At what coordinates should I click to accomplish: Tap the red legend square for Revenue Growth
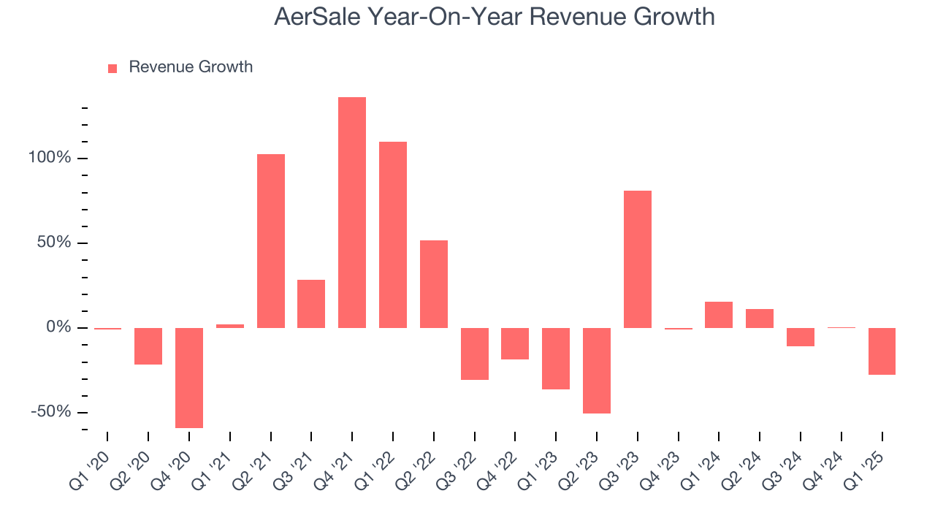(112, 68)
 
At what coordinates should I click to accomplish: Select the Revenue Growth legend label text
(191, 67)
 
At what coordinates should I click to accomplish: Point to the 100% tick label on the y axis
(50, 158)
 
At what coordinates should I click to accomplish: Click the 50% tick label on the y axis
(54, 243)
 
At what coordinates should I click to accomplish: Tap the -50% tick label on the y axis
(50, 412)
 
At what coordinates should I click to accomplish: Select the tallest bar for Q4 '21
(352, 212)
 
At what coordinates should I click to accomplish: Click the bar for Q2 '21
(270, 241)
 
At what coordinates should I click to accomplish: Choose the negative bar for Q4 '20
(189, 378)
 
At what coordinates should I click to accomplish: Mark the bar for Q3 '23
(638, 259)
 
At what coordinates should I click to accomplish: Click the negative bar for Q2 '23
(597, 370)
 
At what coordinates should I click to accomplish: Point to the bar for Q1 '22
(393, 235)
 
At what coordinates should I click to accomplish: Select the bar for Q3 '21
(311, 304)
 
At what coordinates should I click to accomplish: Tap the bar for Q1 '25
(882, 351)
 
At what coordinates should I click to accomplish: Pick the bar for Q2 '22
(434, 284)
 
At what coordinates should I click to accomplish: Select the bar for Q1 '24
(719, 315)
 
